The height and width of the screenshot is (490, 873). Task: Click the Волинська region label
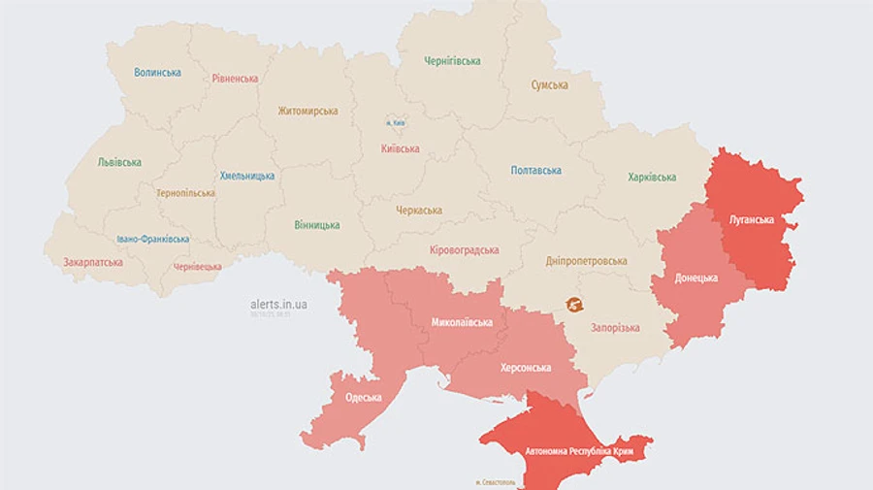tap(158, 73)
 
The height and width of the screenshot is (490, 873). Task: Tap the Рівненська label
tap(235, 79)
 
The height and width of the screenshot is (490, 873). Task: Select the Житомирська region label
tap(307, 111)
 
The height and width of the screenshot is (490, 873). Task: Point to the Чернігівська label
tap(452, 61)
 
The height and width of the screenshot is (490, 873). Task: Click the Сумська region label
tap(549, 85)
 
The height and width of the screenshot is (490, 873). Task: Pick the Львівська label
tap(119, 163)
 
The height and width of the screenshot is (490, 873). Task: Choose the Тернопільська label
tap(185, 193)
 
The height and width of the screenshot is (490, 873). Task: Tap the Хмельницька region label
tap(246, 176)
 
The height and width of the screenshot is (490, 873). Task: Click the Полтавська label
tap(536, 171)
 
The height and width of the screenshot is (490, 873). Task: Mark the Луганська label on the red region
tap(752, 220)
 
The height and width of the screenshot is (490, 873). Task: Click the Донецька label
tap(697, 278)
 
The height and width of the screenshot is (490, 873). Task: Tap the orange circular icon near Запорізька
tap(574, 305)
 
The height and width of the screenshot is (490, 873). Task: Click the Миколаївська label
tap(462, 322)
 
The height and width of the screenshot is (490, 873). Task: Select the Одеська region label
tap(364, 398)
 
